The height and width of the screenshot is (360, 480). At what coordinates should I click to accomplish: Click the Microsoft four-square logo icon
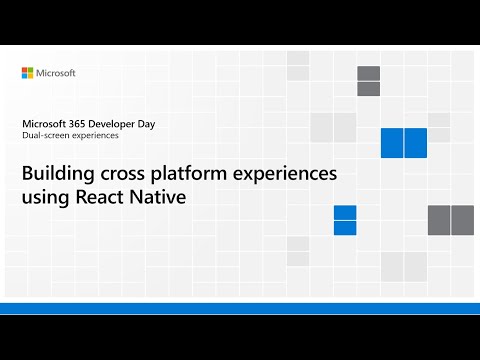pyautogui.click(x=28, y=73)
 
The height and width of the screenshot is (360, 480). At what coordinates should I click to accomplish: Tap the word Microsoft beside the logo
pyautogui.click(x=57, y=73)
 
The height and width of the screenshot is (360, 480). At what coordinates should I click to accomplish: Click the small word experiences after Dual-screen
pyautogui.click(x=93, y=136)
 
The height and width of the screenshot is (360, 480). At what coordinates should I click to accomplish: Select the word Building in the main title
pyautogui.click(x=58, y=173)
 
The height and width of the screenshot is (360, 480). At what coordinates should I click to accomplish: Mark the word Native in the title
pyautogui.click(x=160, y=197)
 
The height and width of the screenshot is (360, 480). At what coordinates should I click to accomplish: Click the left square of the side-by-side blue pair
pyautogui.click(x=391, y=143)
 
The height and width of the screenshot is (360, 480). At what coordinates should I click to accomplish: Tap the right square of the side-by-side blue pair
pyautogui.click(x=416, y=143)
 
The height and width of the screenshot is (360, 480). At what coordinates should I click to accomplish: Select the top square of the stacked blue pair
pyautogui.click(x=345, y=212)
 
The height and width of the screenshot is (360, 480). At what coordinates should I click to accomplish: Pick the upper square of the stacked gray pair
pyautogui.click(x=368, y=73)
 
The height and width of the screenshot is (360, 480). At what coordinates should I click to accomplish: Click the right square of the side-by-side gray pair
pyautogui.click(x=462, y=219)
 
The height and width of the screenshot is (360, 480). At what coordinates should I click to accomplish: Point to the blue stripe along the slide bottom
pyautogui.click(x=240, y=307)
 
